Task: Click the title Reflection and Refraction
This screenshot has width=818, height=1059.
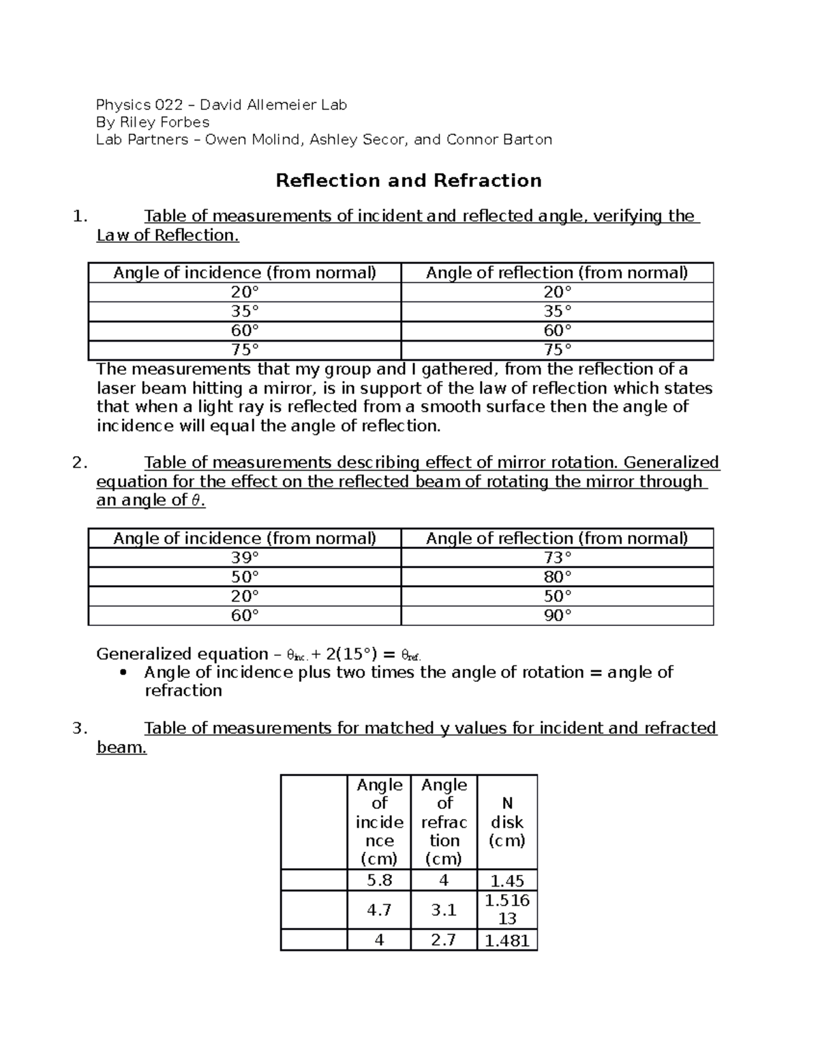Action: click(x=408, y=181)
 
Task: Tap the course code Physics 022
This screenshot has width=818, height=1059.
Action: click(x=139, y=105)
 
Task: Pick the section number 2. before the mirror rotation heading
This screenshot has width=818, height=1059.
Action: click(x=79, y=463)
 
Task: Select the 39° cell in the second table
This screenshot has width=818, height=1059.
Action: click(x=245, y=558)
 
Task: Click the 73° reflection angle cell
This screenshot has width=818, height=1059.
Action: click(x=557, y=558)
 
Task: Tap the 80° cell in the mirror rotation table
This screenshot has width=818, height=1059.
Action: click(x=557, y=577)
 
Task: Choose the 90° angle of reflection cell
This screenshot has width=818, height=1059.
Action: click(x=557, y=616)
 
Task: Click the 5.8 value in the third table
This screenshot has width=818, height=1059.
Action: click(x=379, y=880)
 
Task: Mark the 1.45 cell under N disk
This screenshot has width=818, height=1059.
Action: click(x=507, y=881)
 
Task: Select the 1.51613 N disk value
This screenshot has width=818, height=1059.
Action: click(x=507, y=910)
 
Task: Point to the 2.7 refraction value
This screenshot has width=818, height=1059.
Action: click(x=444, y=940)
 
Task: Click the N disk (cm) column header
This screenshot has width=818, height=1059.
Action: click(x=507, y=822)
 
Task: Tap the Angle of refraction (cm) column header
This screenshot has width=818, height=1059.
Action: click(x=444, y=822)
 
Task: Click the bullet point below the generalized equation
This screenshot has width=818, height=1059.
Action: click(x=123, y=673)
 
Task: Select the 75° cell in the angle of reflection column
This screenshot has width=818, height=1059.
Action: click(x=557, y=350)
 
